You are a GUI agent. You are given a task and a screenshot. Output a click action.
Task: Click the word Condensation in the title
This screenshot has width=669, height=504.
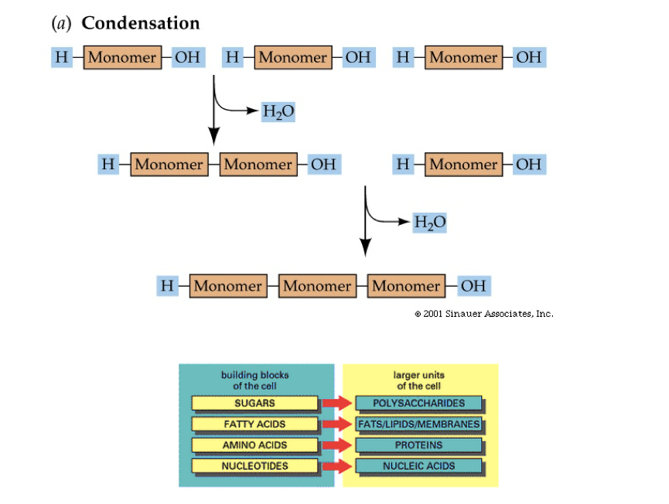pos(141,23)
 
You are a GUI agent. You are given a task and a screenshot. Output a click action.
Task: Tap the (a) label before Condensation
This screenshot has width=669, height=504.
pos(60,23)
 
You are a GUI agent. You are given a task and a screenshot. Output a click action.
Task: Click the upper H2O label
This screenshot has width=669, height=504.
pos(278,112)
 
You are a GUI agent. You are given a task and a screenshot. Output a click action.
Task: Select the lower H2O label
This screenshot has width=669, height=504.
pos(430,223)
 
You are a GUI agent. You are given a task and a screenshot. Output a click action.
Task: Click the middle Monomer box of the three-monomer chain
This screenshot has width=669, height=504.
pos(316,286)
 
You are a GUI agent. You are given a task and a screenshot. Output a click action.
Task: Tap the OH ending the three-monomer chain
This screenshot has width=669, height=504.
pos(473,286)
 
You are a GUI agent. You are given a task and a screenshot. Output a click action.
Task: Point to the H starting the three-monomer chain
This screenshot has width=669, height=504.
pos(167,286)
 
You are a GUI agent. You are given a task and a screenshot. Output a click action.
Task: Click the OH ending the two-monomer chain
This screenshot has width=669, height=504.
pos(323,164)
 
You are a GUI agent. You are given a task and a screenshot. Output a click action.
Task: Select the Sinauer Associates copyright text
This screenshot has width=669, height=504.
pos(483,314)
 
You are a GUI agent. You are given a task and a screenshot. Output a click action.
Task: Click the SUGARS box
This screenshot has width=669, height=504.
pos(254,404)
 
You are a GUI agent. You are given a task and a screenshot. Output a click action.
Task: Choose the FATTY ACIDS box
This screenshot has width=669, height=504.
pos(254,424)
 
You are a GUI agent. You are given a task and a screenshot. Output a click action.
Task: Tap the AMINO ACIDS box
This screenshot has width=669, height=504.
pos(254,445)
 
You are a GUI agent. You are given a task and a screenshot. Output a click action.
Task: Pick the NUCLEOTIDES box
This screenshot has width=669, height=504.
pos(254,466)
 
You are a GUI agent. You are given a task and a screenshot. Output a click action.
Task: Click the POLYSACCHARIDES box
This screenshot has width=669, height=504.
pos(418,404)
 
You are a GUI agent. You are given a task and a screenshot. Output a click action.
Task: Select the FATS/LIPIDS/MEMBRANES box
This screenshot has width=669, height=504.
pos(418,424)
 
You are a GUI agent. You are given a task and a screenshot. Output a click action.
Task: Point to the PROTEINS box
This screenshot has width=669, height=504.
pos(418,445)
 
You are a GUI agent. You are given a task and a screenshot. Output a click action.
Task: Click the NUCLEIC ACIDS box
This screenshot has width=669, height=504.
pos(418,466)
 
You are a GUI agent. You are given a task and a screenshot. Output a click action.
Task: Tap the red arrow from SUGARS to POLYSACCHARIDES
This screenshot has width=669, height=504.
pos(337,404)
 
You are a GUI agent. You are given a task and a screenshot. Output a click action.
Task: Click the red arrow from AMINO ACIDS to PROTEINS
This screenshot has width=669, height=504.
pos(337,445)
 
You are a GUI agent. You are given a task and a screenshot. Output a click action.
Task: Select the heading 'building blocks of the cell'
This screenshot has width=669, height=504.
pos(254,380)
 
